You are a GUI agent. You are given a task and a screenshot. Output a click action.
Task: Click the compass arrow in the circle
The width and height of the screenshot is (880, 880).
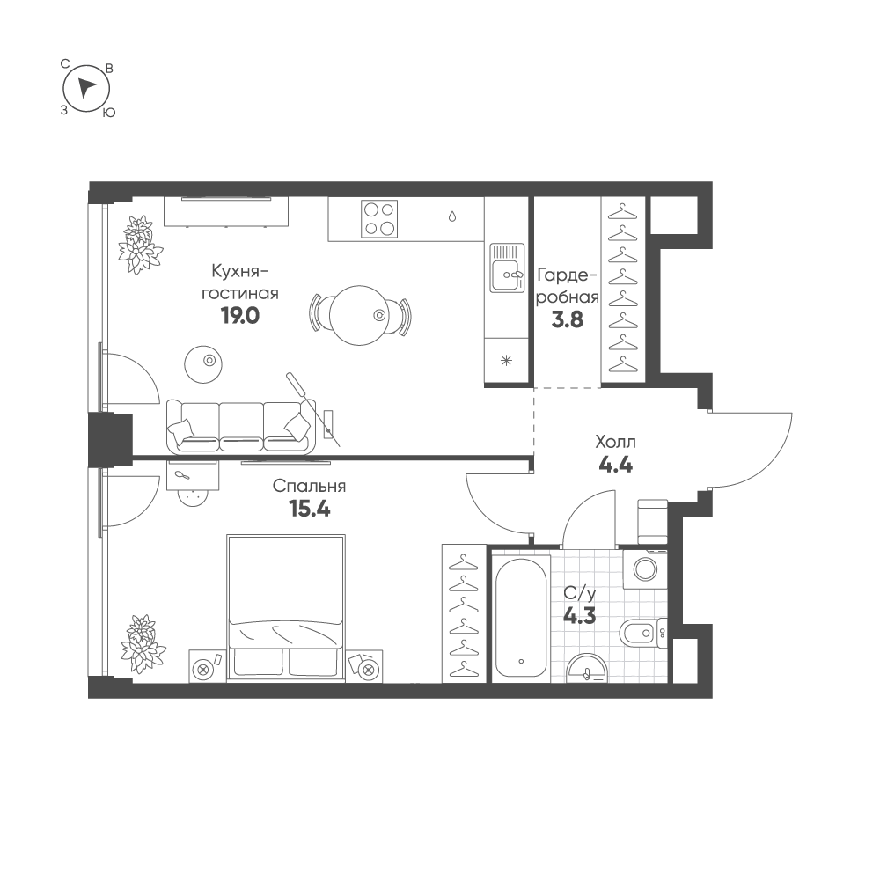(x=84, y=88)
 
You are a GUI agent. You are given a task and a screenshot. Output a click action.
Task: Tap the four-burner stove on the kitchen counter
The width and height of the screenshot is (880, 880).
(x=378, y=218)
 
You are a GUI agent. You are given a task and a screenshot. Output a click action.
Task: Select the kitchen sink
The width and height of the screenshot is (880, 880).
(x=507, y=268)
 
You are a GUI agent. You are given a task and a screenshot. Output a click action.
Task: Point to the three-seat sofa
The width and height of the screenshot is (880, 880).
(x=241, y=427)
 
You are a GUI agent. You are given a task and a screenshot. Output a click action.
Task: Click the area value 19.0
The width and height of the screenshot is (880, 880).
(x=240, y=316)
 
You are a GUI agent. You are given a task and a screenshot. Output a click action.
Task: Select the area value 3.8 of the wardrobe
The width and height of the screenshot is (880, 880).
(x=568, y=319)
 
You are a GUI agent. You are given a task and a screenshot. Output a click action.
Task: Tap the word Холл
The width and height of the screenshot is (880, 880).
(x=616, y=443)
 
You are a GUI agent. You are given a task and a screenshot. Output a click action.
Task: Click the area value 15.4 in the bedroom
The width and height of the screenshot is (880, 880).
(x=309, y=509)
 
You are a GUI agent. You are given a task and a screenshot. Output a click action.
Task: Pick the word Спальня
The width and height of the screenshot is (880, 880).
(x=309, y=486)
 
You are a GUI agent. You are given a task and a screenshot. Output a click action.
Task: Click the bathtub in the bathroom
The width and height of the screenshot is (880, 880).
(x=521, y=618)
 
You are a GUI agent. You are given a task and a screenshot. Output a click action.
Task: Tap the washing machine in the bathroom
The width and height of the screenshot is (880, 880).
(x=645, y=569)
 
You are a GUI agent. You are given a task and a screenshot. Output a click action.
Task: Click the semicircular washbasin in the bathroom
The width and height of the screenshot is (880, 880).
(x=586, y=669)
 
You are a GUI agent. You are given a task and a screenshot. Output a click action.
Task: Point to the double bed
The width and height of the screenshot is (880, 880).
(x=286, y=608)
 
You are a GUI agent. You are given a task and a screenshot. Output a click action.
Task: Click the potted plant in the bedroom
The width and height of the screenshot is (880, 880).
(x=139, y=643)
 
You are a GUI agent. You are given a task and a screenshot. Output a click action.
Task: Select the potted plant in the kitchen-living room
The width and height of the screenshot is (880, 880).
(x=139, y=245)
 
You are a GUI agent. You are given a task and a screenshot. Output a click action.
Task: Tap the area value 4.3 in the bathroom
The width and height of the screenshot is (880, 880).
(x=579, y=616)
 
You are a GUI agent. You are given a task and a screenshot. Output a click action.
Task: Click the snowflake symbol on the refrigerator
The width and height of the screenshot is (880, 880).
(x=506, y=361)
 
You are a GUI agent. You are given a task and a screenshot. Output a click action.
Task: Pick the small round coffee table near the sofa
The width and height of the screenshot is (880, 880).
(x=203, y=364)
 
